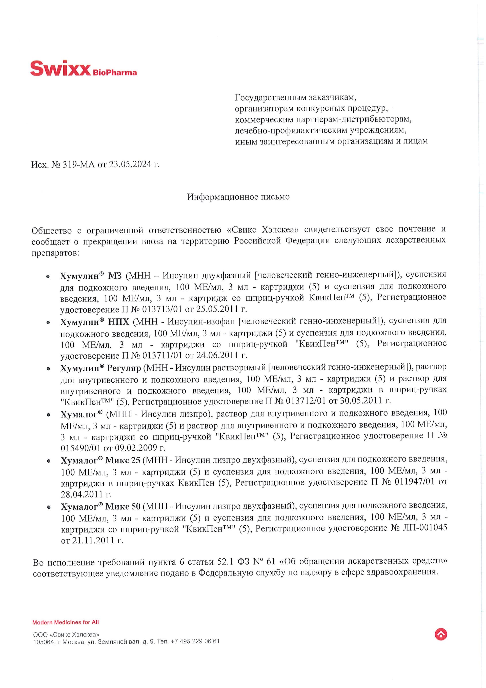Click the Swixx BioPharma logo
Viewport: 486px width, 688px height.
pyautogui.click(x=83, y=68)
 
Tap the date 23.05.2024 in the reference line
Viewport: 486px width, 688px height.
pyautogui.click(x=130, y=164)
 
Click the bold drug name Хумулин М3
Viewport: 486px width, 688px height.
pyautogui.click(x=91, y=275)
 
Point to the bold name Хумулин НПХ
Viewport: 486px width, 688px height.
pyautogui.click(x=95, y=322)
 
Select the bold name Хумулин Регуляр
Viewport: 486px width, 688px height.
pyautogui.click(x=100, y=368)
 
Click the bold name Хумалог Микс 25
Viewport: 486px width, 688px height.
pyautogui.click(x=100, y=460)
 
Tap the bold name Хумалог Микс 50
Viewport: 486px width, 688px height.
pyautogui.click(x=100, y=506)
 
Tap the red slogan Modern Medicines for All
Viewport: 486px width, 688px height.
pyautogui.click(x=66, y=622)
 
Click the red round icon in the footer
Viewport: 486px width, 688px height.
pyautogui.click(x=440, y=634)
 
